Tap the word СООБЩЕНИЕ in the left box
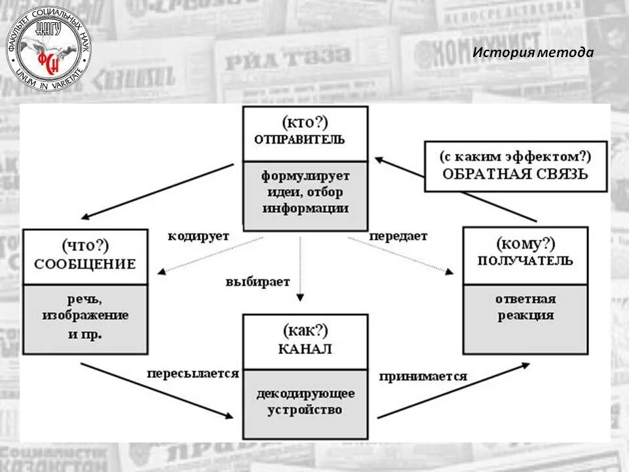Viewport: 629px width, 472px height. coord(85,264)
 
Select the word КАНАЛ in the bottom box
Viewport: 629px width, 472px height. coord(305,349)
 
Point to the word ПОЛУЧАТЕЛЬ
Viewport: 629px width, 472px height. coord(525,260)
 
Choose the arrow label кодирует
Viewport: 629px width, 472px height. coord(198,236)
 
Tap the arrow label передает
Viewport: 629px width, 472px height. coord(398,235)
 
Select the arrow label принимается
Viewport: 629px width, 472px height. coord(423,376)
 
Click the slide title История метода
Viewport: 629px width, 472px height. coord(533,52)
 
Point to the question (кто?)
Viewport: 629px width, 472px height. coord(305,122)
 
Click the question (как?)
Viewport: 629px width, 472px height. coord(305,330)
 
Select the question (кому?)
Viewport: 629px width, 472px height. coord(525,244)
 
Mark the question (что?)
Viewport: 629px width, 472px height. coord(85,246)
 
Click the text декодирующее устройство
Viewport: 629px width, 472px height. coord(305,402)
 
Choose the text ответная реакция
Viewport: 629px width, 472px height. coord(525,307)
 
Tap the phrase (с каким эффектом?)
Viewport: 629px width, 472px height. coord(515,157)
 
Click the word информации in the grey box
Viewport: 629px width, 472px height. coord(305,208)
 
